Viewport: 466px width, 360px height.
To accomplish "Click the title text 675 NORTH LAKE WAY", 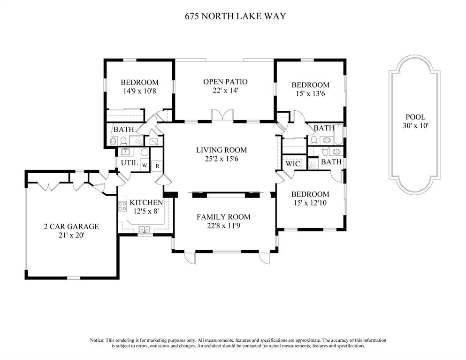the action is (236, 16).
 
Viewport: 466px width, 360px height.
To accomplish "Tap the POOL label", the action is (415, 117).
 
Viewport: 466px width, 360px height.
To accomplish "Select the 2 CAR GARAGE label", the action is (71, 227).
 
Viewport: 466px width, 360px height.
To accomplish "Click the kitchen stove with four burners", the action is (122, 206).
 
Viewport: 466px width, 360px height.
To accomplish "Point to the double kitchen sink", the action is (145, 230).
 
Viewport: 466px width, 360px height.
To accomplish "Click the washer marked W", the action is (145, 165).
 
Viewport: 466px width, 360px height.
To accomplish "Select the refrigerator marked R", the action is (157, 166).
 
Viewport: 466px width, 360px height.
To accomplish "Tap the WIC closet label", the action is (293, 164).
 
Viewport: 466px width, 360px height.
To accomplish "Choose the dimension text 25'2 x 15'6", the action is (222, 159).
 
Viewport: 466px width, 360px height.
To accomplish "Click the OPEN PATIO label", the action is (225, 82).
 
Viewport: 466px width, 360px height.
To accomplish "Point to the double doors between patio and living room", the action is (222, 115).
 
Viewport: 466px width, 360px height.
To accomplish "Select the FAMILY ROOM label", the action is (223, 217).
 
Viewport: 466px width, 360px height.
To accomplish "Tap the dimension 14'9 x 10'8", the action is (139, 91).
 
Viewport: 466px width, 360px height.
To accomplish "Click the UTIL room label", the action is (129, 163).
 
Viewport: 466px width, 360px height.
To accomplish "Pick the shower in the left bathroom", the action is (136, 140).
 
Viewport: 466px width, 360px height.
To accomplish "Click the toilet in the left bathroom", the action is (123, 140).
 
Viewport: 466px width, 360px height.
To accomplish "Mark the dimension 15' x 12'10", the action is (310, 203).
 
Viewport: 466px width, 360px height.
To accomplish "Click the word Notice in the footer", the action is (97, 340).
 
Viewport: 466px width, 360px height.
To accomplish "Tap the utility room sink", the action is (125, 152).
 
